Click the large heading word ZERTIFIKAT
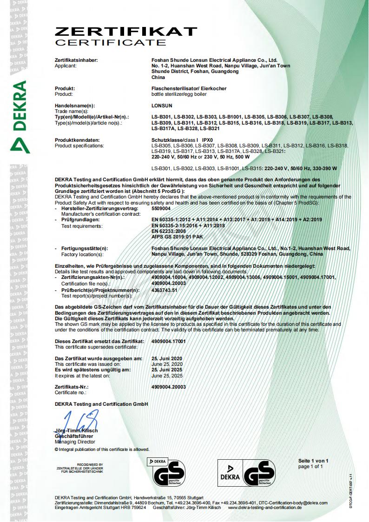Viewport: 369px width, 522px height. point(126,31)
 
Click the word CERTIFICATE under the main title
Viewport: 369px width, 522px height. point(110,43)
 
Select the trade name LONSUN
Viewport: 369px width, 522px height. point(162,106)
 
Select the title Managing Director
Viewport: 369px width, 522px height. point(75,442)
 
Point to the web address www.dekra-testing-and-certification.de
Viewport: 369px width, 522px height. point(265,508)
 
